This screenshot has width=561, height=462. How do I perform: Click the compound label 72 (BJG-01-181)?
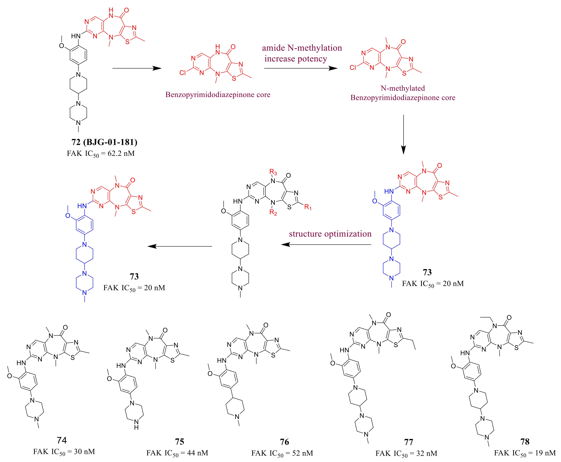pos(104,142)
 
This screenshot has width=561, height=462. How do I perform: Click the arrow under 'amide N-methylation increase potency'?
pos(301,68)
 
